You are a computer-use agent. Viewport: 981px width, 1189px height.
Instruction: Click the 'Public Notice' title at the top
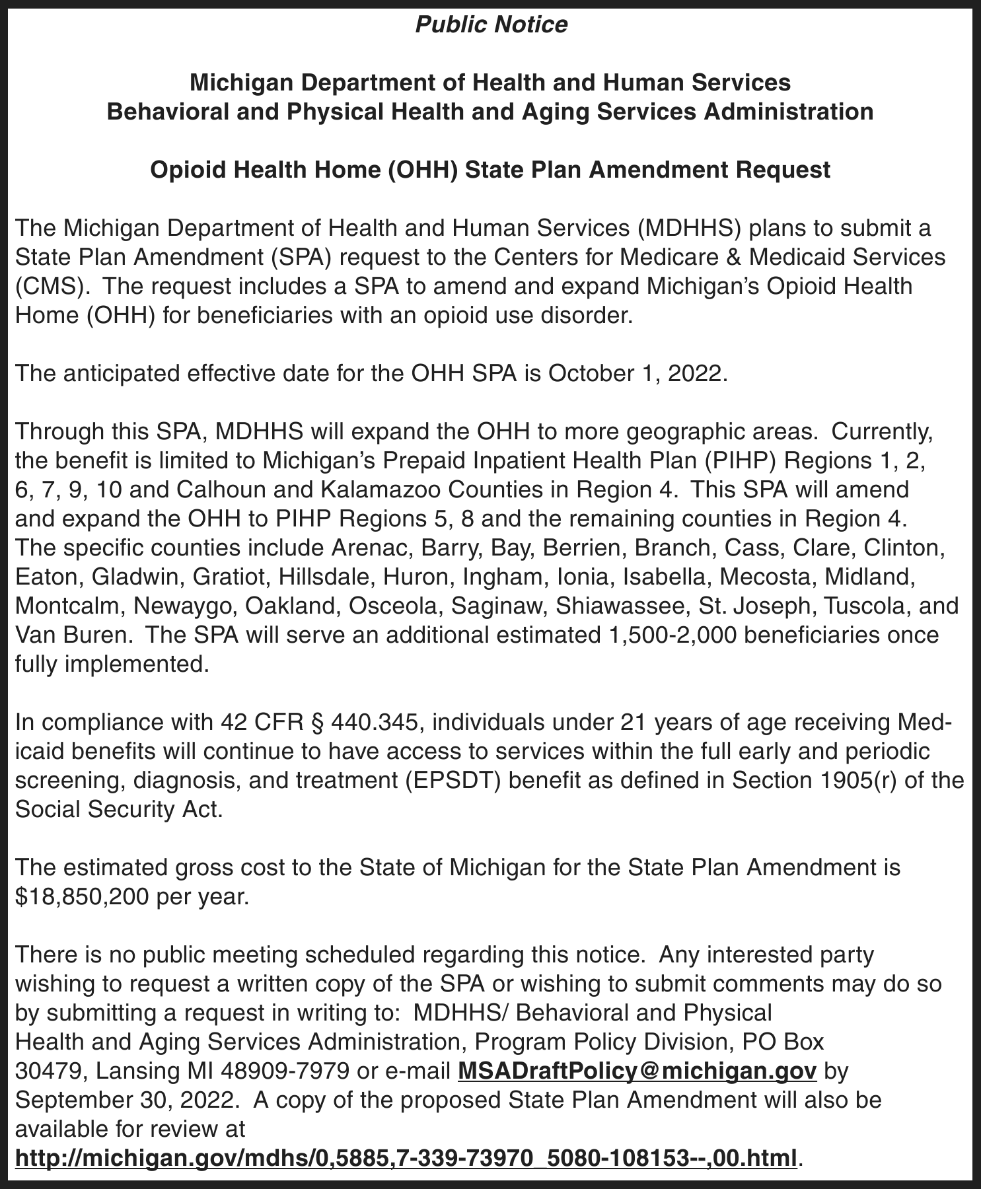click(x=491, y=24)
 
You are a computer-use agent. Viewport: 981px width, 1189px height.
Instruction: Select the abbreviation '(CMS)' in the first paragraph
click(x=52, y=287)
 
